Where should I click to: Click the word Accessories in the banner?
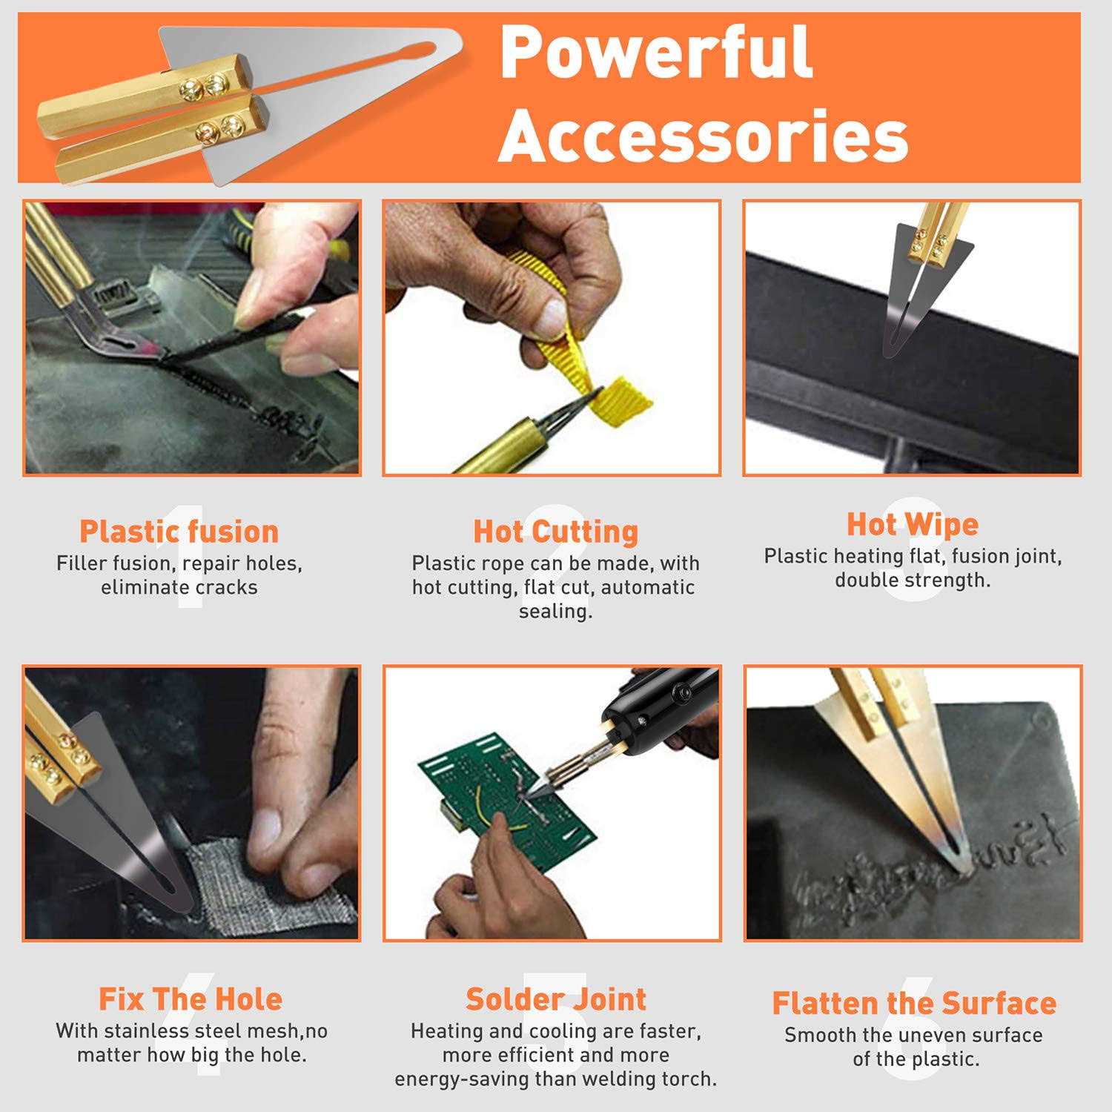703,136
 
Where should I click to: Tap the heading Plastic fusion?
179,532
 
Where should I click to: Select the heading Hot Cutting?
555,532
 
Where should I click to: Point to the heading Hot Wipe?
913,524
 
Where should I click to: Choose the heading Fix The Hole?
191,999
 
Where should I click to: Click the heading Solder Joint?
555,999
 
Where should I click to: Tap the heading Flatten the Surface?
914,1003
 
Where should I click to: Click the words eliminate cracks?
179,587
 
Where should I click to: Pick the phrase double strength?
913,580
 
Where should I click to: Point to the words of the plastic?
916,1059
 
